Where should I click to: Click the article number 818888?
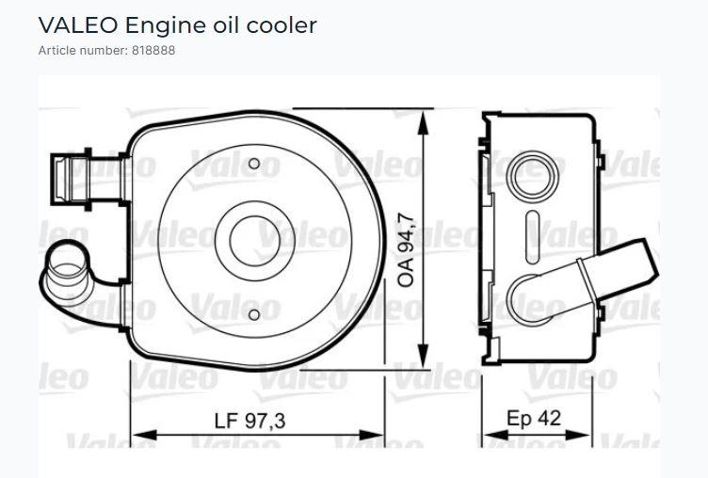click(x=149, y=50)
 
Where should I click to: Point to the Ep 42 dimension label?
click(x=534, y=418)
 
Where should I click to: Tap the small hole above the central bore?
click(x=253, y=165)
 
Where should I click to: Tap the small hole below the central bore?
click(x=253, y=314)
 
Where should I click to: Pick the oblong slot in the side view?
click(x=535, y=229)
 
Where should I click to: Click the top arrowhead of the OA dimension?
click(x=428, y=116)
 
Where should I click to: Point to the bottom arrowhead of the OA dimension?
click(x=428, y=363)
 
